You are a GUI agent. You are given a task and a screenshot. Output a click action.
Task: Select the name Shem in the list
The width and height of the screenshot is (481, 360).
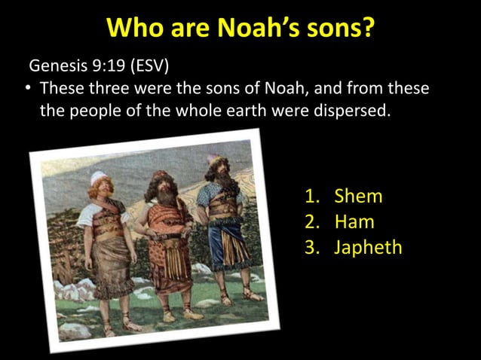tap(358, 197)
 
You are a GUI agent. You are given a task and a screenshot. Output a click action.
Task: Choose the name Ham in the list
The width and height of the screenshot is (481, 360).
tap(354, 222)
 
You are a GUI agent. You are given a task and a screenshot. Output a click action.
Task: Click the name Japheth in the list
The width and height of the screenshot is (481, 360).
tap(368, 247)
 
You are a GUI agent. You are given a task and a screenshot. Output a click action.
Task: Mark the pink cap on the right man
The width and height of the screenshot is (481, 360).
tap(213, 160)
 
